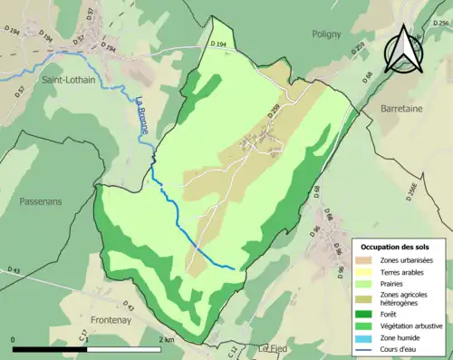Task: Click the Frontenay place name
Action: pos(114,320)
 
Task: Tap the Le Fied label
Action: pos(272,347)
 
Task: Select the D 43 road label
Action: pos(13,270)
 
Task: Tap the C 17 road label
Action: pos(82,337)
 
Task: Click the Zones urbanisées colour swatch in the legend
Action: pos(370,261)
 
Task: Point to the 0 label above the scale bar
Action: pos(14,339)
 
